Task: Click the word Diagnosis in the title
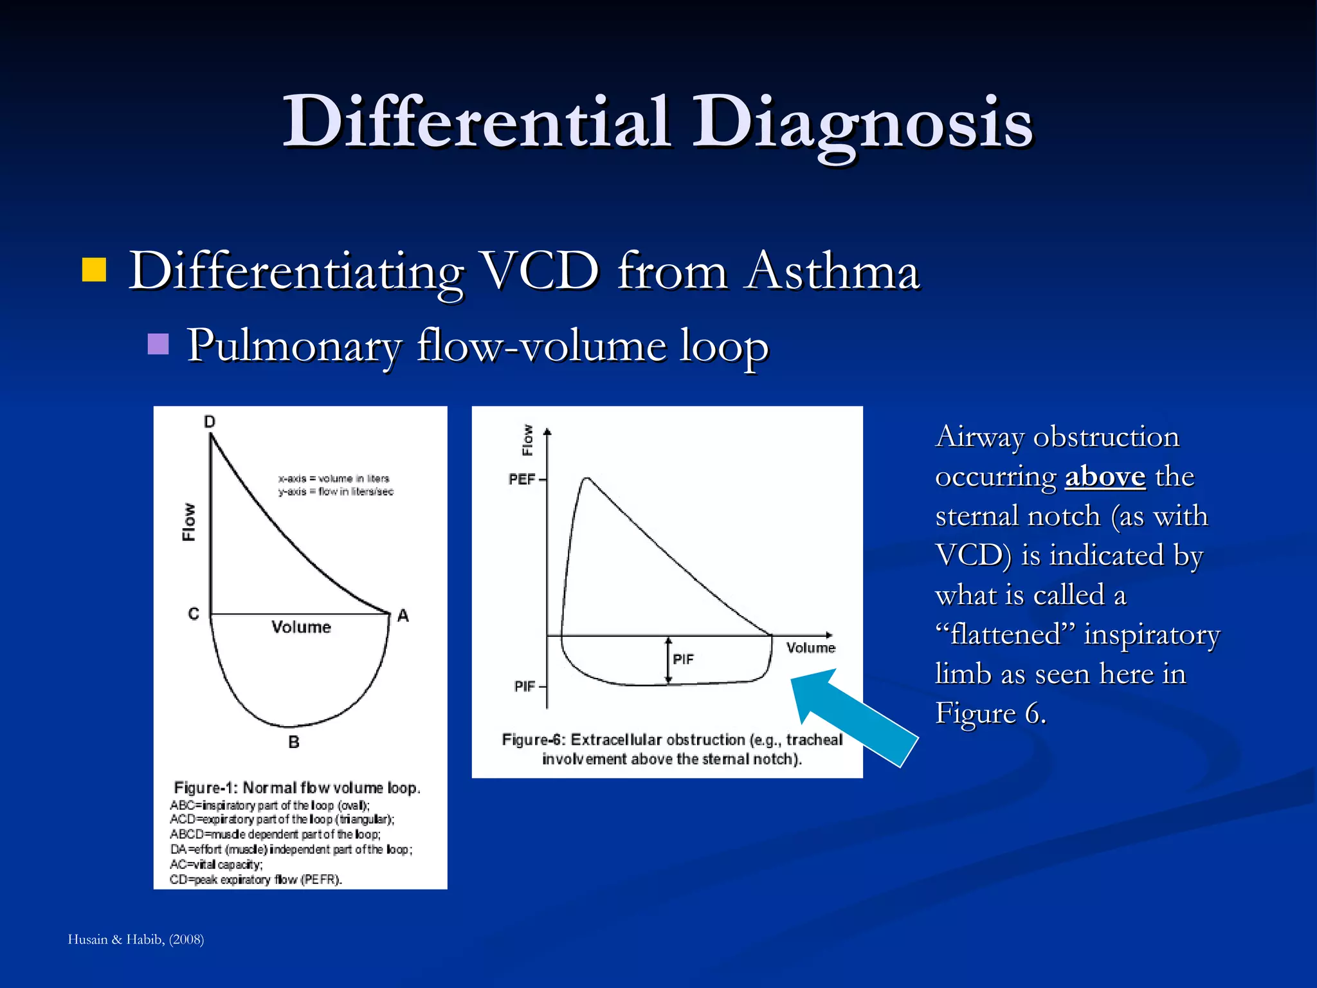click(x=862, y=122)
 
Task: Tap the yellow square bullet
click(x=94, y=270)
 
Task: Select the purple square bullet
click(x=158, y=345)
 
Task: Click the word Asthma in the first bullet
click(x=833, y=271)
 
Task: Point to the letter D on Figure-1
click(x=210, y=422)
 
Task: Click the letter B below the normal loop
click(x=294, y=742)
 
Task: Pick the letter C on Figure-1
click(x=194, y=614)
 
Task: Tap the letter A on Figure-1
click(x=403, y=616)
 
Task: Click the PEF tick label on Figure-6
click(x=522, y=480)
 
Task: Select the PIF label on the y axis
click(x=525, y=687)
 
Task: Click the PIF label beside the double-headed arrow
click(x=683, y=659)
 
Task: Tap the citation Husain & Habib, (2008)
click(x=136, y=940)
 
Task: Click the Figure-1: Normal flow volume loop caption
click(x=297, y=788)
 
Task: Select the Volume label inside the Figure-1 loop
click(x=301, y=627)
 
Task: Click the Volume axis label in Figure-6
click(x=810, y=648)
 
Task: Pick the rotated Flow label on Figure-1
click(x=189, y=522)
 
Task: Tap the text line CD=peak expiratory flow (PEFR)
click(x=256, y=880)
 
